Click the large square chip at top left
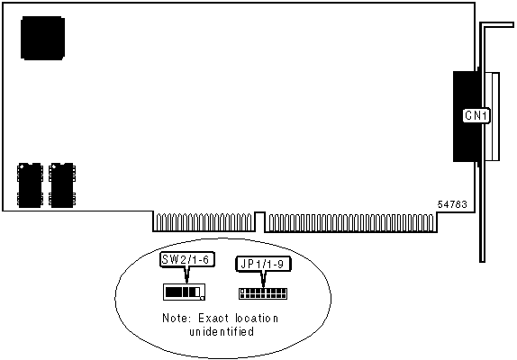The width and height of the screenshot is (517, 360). [x=42, y=38]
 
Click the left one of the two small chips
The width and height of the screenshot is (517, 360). [x=30, y=185]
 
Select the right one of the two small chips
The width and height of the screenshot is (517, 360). [x=62, y=185]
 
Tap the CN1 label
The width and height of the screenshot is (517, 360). [x=476, y=115]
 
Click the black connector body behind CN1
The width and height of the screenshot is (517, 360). [x=466, y=116]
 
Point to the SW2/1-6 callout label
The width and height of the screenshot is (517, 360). [x=186, y=259]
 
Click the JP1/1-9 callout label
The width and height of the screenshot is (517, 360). [x=263, y=264]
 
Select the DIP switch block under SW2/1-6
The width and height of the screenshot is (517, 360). [x=184, y=292]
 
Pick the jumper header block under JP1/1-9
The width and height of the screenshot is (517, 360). [x=263, y=293]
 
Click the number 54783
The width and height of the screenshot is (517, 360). [x=452, y=204]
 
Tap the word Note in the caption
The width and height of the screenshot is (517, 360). [x=177, y=319]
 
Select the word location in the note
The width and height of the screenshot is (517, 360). [x=257, y=319]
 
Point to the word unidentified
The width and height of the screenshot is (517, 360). [x=222, y=331]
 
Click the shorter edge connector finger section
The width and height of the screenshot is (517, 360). [x=204, y=222]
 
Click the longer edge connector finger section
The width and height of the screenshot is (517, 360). [x=351, y=223]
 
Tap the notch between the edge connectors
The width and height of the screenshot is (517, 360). [x=260, y=221]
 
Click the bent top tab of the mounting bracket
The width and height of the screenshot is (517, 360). [x=496, y=25]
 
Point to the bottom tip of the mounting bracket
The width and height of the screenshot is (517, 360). [x=482, y=261]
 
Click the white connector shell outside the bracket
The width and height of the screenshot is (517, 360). [x=492, y=116]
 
